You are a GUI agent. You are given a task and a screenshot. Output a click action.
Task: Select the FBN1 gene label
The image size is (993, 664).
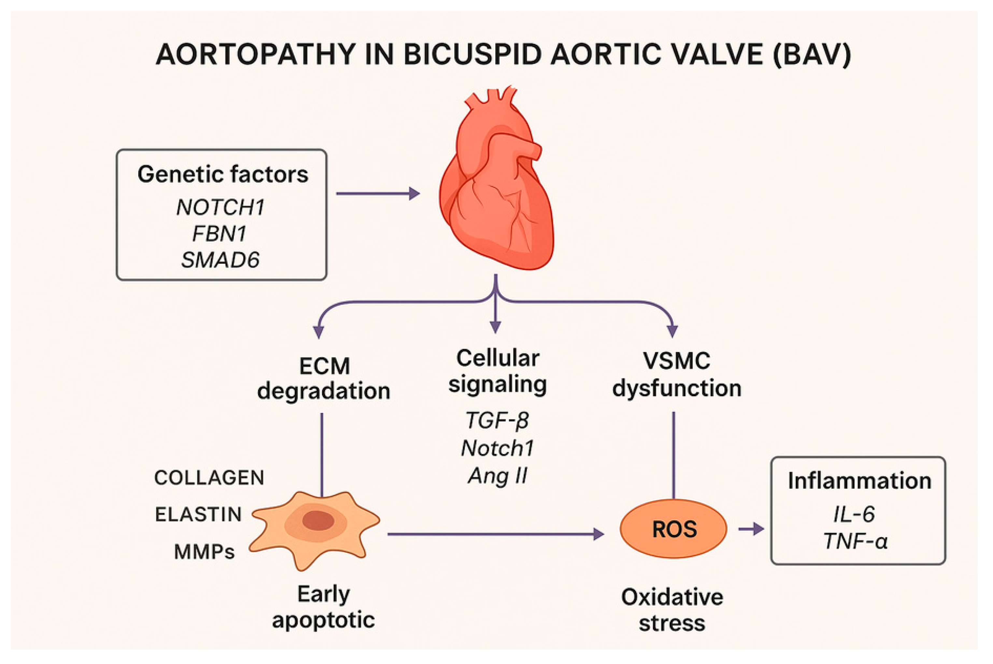click(220, 234)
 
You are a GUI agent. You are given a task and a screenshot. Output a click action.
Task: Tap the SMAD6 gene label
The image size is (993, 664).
click(220, 260)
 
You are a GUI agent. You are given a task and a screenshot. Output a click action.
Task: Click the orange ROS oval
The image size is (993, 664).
click(674, 529)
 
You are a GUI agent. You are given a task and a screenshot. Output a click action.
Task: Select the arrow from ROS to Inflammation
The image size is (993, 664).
click(751, 529)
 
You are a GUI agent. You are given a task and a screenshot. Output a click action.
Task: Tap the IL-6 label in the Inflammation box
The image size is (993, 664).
click(854, 514)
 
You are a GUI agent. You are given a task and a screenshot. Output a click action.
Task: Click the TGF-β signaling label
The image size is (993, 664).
click(497, 421)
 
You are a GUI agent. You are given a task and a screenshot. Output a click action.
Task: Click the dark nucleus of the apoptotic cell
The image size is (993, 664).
click(318, 521)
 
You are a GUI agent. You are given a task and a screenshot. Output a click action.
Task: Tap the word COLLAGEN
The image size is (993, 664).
click(209, 478)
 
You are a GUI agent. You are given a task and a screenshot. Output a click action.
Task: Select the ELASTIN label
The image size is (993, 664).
click(198, 514)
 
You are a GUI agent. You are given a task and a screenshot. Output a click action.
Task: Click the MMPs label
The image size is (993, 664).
click(204, 552)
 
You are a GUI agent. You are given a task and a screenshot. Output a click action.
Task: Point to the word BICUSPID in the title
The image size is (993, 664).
click(473, 55)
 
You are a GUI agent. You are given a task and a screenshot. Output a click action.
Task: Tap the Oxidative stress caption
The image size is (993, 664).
click(672, 610)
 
